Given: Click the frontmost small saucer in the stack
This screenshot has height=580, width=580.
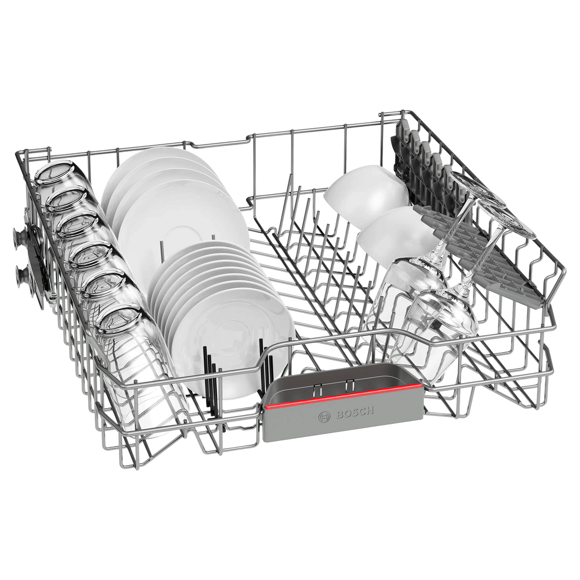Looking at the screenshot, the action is coord(236,344).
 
